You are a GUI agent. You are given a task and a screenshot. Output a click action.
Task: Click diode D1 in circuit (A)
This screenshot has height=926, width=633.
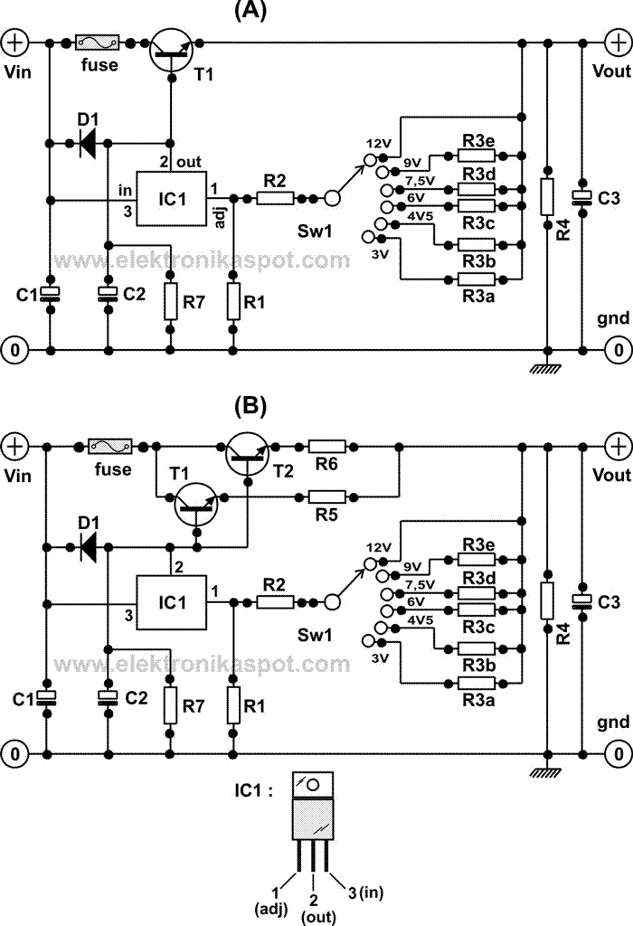click(x=89, y=143)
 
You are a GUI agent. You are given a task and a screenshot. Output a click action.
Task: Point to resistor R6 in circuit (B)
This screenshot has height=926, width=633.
click(x=326, y=446)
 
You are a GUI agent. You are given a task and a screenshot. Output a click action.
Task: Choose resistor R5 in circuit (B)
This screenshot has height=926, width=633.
click(x=326, y=496)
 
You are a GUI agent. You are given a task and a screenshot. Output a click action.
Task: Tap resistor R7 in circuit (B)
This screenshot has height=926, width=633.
click(x=170, y=704)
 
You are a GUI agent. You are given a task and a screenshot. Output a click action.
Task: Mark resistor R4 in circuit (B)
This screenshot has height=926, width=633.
click(x=546, y=600)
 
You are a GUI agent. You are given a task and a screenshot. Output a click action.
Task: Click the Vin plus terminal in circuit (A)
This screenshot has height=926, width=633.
click(x=16, y=43)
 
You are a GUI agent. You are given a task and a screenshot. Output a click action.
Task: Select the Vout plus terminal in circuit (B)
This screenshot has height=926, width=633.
click(x=618, y=446)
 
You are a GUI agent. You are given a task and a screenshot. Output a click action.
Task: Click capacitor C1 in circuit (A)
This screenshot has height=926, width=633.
click(x=51, y=294)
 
